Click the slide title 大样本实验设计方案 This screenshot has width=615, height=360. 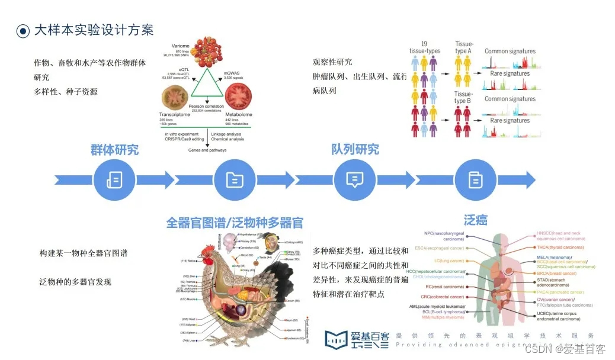coord(94,30)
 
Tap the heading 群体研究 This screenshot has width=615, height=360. coord(114,149)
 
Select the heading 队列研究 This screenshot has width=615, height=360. coord(355,149)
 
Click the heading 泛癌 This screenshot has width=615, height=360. coord(476,220)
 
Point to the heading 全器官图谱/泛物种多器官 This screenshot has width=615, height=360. coord(235,223)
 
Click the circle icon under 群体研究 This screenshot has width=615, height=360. coord(114,179)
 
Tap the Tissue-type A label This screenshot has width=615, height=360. coord(464,48)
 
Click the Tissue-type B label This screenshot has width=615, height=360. coord(464,98)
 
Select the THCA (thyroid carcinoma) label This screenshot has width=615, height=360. coord(560,247)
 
